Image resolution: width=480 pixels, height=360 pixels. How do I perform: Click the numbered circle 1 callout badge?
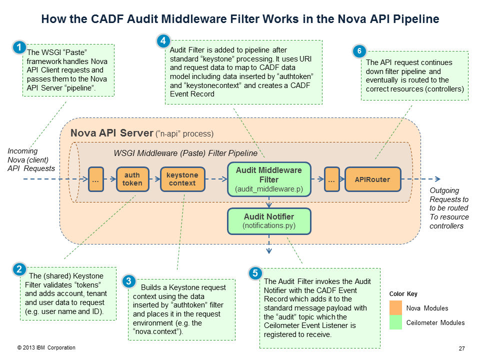(x=19, y=48)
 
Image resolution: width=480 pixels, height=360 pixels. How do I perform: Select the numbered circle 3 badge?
(x=129, y=281)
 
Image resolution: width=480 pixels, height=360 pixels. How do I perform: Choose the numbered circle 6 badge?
(x=358, y=51)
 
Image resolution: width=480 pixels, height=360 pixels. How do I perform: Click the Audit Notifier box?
(x=269, y=221)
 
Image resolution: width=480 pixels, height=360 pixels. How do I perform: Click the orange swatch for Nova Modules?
(x=396, y=308)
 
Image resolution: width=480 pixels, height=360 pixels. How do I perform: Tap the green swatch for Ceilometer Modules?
(x=396, y=323)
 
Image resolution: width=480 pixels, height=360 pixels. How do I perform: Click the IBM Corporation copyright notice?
(x=46, y=347)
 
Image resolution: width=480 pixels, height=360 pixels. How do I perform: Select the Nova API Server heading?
(x=111, y=133)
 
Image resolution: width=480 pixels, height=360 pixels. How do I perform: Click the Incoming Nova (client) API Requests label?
(x=29, y=160)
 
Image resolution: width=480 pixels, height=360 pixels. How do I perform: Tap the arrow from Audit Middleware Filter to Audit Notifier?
(x=269, y=202)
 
